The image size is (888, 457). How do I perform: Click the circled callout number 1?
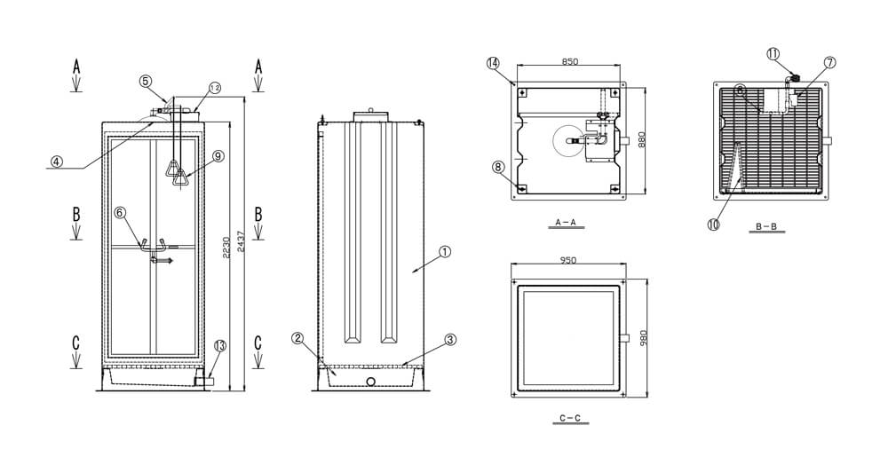[x=445, y=252]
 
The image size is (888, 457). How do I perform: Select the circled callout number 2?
[x=298, y=338]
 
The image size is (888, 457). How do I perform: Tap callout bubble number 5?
[x=146, y=81]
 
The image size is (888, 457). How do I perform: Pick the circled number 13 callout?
[x=220, y=345]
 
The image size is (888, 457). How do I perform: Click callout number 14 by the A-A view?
[x=493, y=63]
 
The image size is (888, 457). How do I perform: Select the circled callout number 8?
[x=498, y=167]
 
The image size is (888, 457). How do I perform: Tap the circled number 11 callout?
[x=773, y=54]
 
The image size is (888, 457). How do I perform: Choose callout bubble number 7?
[x=829, y=63]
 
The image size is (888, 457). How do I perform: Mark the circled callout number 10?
[x=713, y=224]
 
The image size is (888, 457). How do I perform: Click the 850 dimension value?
[x=570, y=61]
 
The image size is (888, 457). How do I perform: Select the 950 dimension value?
[x=567, y=260]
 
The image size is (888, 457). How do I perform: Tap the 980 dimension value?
[x=643, y=339]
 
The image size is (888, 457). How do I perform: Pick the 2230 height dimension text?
[x=226, y=248]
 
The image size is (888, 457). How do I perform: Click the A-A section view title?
[x=565, y=223]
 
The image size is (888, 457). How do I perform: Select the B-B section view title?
[x=766, y=227]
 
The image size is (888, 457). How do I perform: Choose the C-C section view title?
[x=570, y=419]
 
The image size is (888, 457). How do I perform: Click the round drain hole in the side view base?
[x=370, y=382]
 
